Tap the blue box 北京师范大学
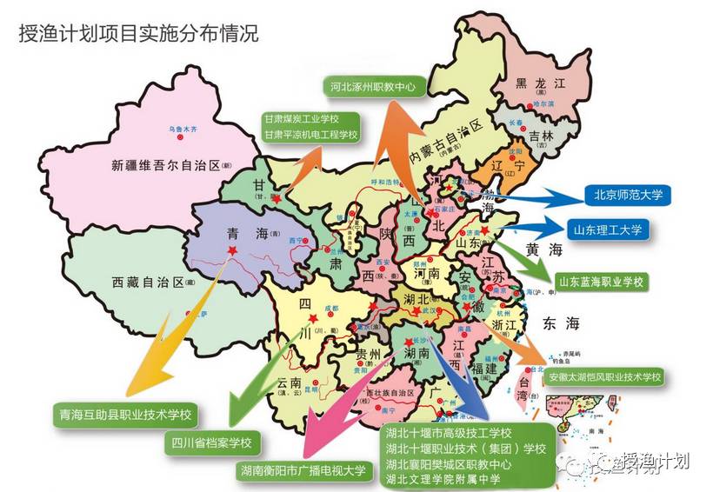click(622, 195)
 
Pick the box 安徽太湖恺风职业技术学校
click(604, 378)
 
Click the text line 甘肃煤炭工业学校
click(301, 119)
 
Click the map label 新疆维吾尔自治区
click(165, 164)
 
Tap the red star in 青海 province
click(232, 251)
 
